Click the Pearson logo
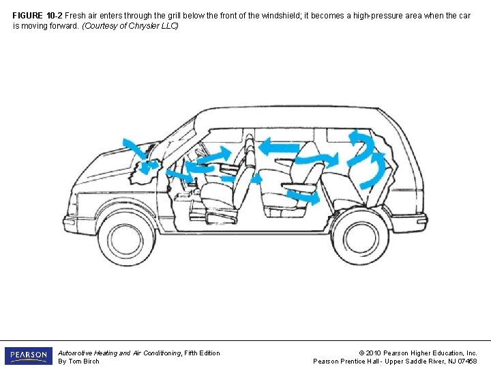tap(28, 356)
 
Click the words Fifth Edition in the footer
tap(203, 353)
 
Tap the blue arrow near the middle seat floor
tap(303, 197)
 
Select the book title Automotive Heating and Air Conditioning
tap(120, 353)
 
